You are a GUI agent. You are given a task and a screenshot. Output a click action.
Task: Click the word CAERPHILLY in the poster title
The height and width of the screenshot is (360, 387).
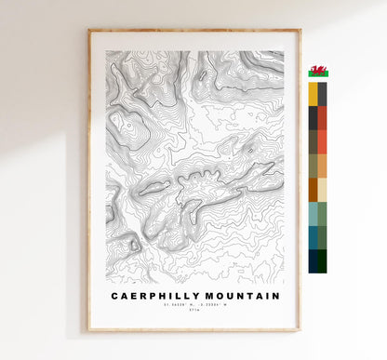tap(153, 296)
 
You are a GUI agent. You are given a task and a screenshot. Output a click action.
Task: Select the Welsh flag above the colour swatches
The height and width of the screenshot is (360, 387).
tap(318, 72)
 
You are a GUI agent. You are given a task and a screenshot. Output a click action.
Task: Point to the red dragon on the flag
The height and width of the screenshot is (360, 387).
tap(318, 72)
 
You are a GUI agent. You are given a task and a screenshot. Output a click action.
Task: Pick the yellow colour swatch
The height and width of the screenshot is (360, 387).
tap(313, 94)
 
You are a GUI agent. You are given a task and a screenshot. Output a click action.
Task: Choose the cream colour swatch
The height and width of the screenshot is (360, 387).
tap(322, 190)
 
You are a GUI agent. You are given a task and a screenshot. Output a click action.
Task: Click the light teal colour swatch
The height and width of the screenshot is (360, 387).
tap(313, 213)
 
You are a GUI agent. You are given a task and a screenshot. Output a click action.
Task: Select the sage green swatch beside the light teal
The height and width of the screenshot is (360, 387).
tap(322, 213)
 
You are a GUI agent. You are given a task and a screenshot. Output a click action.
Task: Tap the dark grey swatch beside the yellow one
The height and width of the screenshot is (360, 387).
tap(322, 94)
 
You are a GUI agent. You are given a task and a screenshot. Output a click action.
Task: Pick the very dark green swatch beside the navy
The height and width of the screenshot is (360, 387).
tap(322, 260)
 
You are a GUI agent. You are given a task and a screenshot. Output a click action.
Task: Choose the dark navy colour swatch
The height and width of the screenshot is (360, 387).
tap(313, 260)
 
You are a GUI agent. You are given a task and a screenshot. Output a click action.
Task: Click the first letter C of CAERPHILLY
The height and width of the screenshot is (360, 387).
tap(114, 296)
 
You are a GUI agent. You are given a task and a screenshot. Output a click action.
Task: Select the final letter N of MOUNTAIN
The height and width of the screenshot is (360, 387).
tap(275, 296)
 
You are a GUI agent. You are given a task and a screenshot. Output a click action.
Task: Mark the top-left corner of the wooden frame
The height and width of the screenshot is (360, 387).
tap(89, 31)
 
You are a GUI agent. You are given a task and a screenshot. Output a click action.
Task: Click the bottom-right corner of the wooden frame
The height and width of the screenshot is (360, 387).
tap(300, 330)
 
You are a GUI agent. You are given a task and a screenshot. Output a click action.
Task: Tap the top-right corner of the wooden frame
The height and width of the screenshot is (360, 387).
tap(300, 31)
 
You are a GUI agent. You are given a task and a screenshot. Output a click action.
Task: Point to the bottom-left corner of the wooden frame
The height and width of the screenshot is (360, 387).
tap(89, 330)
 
